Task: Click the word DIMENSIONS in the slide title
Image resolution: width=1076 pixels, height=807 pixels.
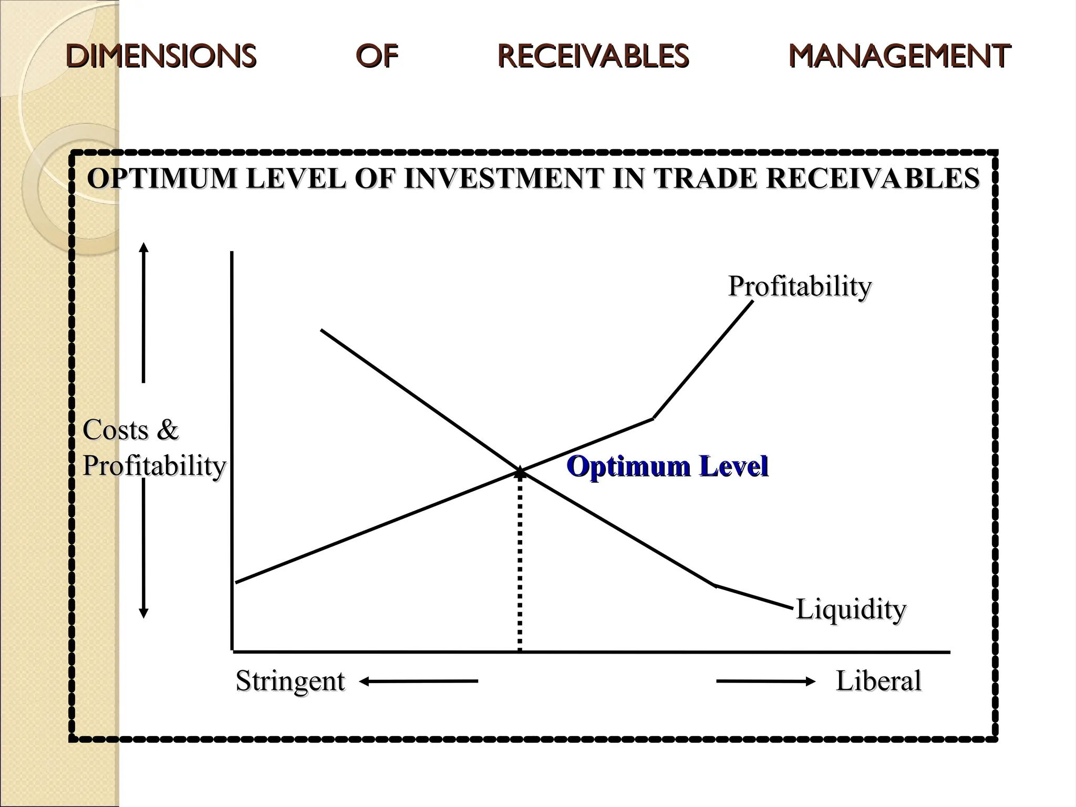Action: [161, 56]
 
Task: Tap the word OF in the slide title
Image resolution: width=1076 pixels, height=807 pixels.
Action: [377, 56]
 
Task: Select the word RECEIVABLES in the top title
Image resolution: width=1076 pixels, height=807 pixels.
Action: [593, 56]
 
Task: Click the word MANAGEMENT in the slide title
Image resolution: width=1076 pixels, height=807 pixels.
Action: [899, 56]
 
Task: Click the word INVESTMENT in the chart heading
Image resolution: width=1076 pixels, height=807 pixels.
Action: [504, 179]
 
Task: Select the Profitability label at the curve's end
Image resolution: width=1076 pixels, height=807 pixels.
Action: [799, 286]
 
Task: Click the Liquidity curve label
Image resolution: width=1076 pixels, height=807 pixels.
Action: [851, 609]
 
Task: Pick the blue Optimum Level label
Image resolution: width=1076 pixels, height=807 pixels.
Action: [667, 466]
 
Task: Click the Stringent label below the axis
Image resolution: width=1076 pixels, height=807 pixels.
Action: [290, 681]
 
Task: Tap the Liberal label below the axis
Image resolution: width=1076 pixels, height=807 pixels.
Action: [878, 681]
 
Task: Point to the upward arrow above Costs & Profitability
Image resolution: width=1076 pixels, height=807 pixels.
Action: [143, 313]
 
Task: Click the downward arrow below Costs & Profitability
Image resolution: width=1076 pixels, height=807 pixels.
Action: [143, 549]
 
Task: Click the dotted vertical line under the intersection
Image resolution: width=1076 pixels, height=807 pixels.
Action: [520, 562]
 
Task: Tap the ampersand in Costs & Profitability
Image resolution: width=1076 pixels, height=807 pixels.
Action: [167, 430]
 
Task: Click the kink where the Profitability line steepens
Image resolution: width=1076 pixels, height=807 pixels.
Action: [653, 418]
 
